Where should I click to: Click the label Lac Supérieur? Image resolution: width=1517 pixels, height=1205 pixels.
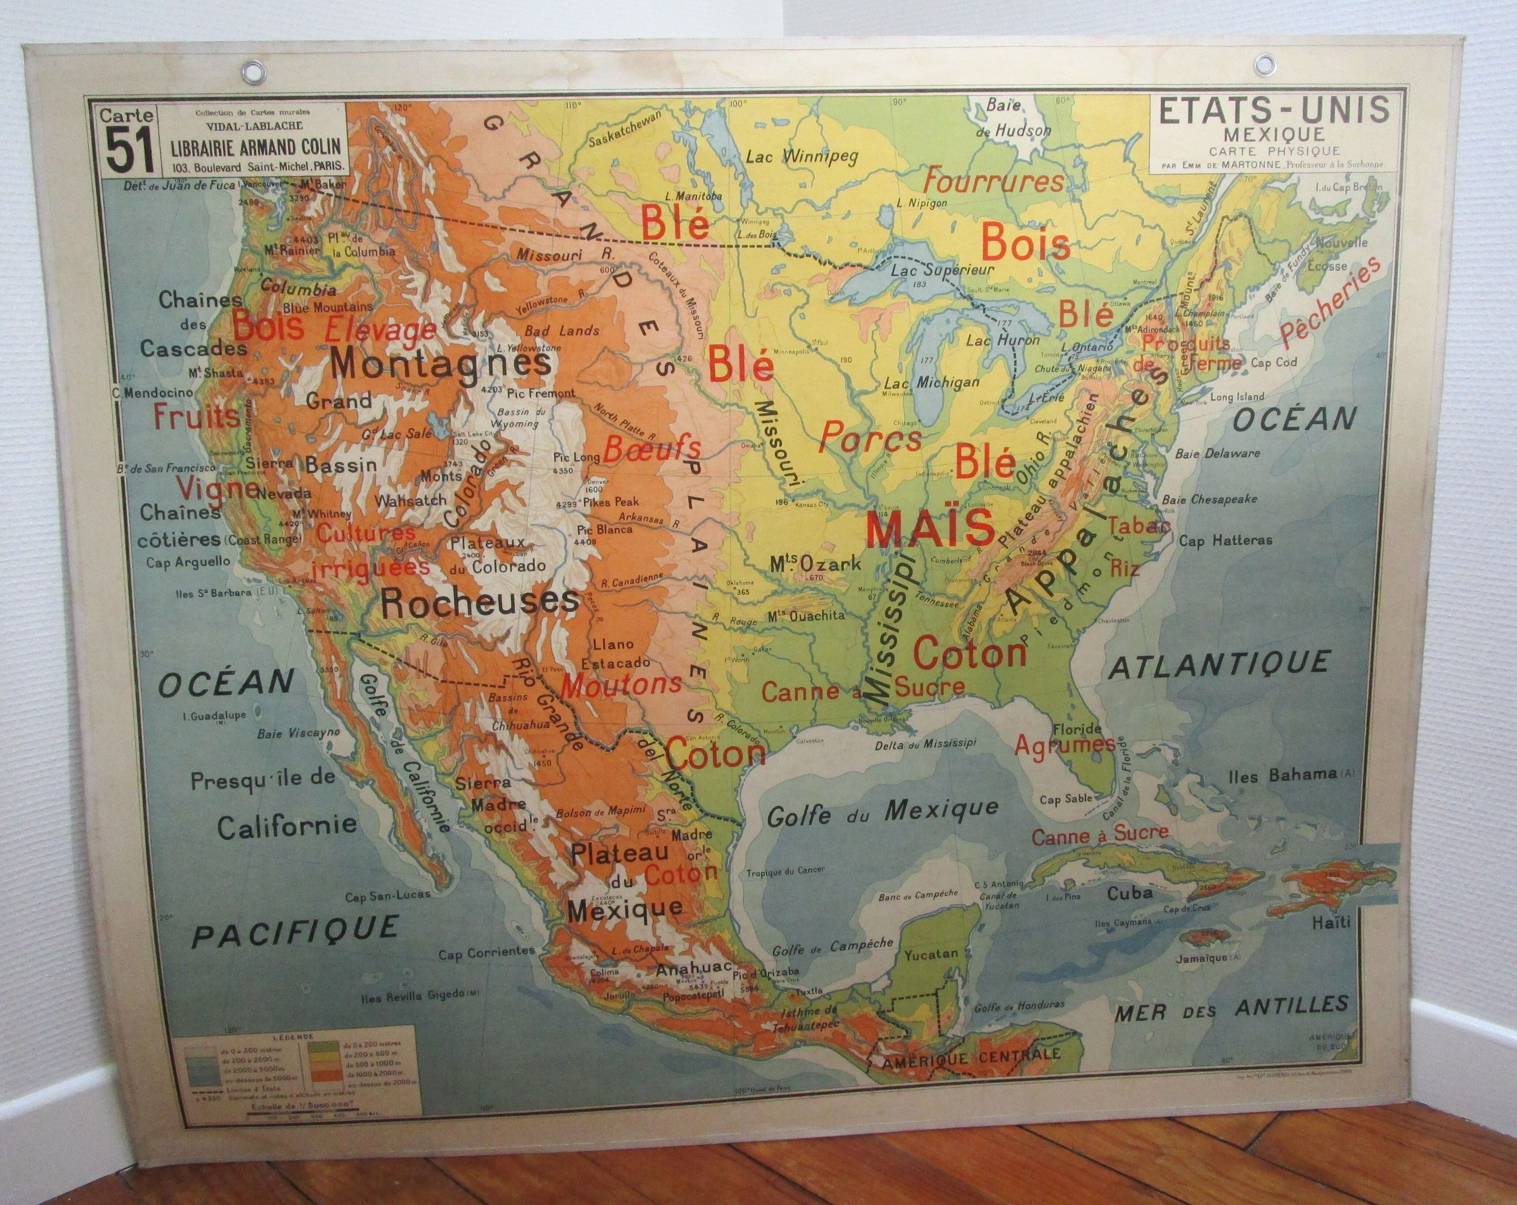click(x=942, y=270)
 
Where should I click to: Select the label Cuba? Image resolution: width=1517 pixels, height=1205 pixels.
click(x=1130, y=893)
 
